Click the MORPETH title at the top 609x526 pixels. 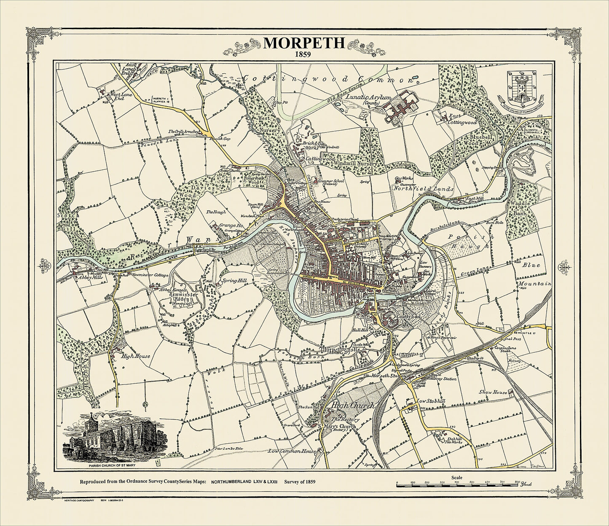pos(304,43)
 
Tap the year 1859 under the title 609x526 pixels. pos(304,54)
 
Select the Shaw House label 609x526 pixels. pos(493,392)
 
